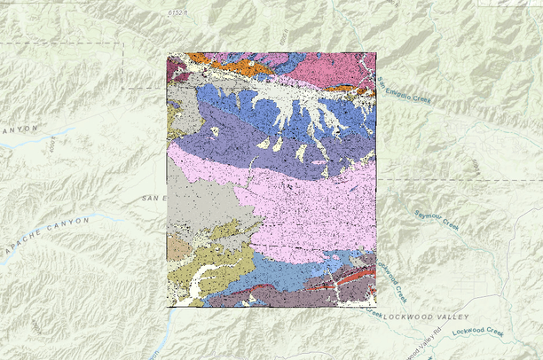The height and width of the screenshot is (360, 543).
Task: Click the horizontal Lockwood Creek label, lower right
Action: [477, 333]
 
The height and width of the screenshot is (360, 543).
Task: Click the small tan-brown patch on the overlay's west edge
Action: [177, 249]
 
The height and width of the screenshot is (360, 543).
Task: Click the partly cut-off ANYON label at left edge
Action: [20, 129]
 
